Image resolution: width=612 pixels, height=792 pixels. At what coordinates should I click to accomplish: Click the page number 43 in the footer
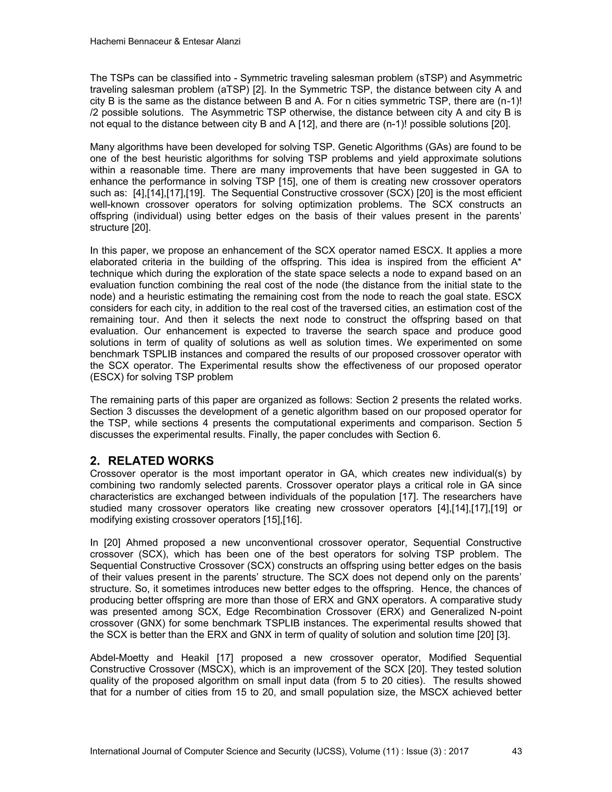[516, 751]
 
